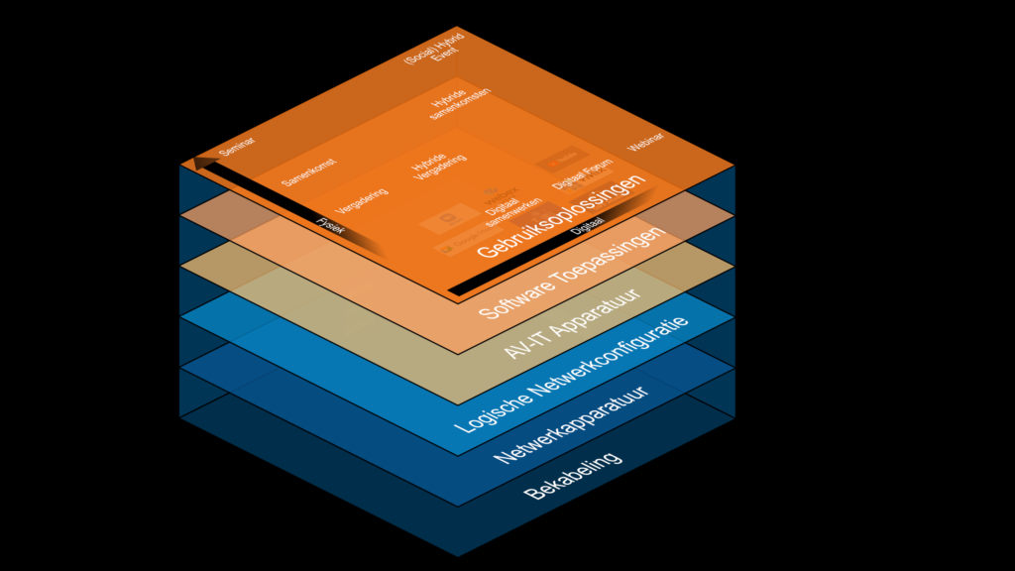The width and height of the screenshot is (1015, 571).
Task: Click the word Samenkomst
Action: tap(307, 171)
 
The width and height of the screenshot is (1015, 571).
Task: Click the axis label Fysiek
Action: tap(329, 225)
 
